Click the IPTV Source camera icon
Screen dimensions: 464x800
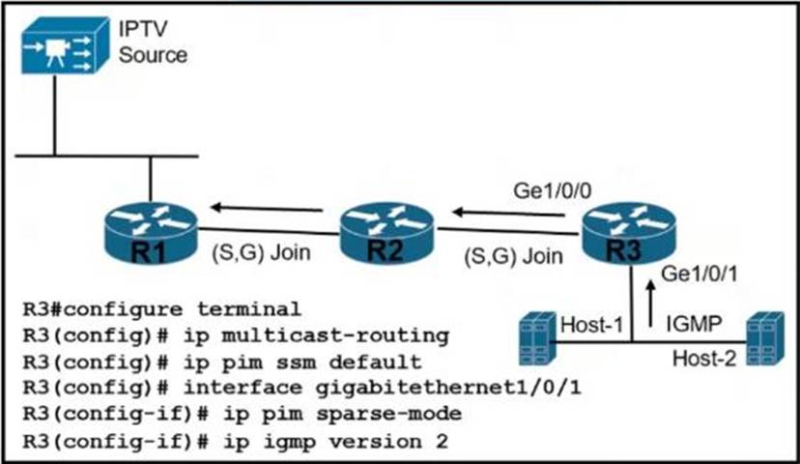point(61,50)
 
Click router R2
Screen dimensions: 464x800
point(387,233)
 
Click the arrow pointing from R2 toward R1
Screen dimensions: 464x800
point(268,206)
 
